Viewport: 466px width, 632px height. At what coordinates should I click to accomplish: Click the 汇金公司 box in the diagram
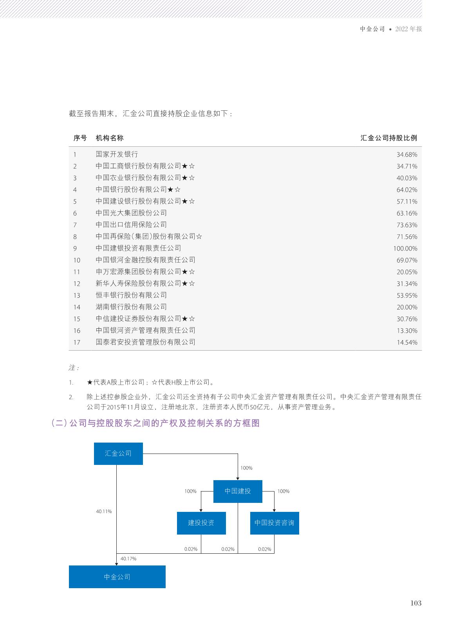pos(118,454)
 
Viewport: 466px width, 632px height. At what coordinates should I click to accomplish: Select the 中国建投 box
pos(238,491)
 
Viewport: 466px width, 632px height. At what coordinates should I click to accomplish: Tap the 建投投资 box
pos(201,523)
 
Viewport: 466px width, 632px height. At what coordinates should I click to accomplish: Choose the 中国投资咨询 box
pos(275,523)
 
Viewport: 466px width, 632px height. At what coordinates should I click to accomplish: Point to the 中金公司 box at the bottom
pos(117,576)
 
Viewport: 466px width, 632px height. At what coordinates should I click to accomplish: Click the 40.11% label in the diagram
pos(104,511)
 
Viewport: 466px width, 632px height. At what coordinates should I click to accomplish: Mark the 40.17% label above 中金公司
pos(128,559)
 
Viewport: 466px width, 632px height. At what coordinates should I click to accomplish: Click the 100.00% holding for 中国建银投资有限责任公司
pos(405,248)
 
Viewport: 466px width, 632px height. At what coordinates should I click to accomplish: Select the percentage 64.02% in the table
pos(407,190)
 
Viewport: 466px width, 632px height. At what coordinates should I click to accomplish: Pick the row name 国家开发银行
pos(117,154)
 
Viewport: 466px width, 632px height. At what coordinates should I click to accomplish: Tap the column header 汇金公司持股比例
pos(388,138)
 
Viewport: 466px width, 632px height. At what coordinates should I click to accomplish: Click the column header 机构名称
pos(110,138)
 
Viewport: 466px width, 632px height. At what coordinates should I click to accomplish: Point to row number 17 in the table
pos(77,342)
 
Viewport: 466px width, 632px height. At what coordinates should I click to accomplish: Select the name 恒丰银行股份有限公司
pos(131,295)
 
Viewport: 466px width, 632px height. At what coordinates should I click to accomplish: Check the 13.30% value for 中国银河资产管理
pos(407,331)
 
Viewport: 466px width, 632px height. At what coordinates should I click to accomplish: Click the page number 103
pos(416,603)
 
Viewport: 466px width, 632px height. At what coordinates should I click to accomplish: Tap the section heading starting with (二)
pos(155,423)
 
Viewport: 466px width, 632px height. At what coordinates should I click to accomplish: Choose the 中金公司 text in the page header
pos(372,29)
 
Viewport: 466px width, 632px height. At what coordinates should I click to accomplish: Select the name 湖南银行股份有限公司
pos(131,307)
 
